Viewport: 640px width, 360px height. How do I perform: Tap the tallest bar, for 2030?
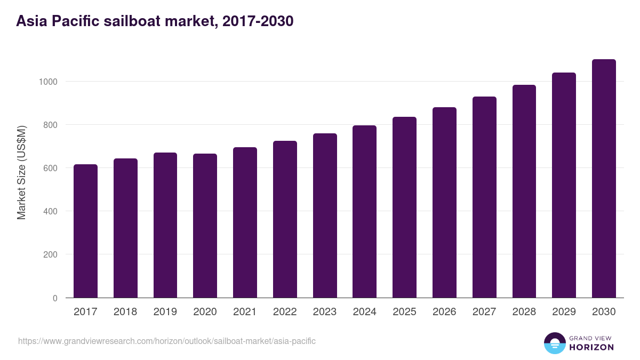pyautogui.click(x=604, y=179)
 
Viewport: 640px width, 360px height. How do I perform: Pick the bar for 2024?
pyautogui.click(x=364, y=212)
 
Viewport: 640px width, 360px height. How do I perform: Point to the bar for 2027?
pyautogui.click(x=484, y=197)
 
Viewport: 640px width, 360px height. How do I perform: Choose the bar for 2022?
pyautogui.click(x=285, y=219)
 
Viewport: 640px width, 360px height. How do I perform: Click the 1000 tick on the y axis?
pyautogui.click(x=47, y=82)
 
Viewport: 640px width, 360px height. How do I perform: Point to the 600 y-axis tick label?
pyautogui.click(x=50, y=168)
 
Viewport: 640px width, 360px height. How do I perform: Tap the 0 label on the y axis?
pyautogui.click(x=55, y=298)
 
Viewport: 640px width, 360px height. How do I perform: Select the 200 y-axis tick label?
pyautogui.click(x=50, y=254)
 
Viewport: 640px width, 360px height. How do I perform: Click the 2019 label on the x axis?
pyautogui.click(x=165, y=312)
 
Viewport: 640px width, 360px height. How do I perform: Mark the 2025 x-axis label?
pyautogui.click(x=404, y=312)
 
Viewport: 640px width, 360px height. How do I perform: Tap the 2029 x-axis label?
pyautogui.click(x=564, y=312)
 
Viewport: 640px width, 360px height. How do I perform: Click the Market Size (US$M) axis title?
pyautogui.click(x=21, y=172)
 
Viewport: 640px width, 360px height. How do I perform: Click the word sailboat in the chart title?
pyautogui.click(x=132, y=21)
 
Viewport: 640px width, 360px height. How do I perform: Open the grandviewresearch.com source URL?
pyautogui.click(x=167, y=341)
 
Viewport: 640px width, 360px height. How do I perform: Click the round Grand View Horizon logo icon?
pyautogui.click(x=554, y=343)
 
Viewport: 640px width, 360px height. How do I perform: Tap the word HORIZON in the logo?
pyautogui.click(x=591, y=347)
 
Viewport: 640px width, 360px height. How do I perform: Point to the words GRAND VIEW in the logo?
pyautogui.click(x=591, y=338)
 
